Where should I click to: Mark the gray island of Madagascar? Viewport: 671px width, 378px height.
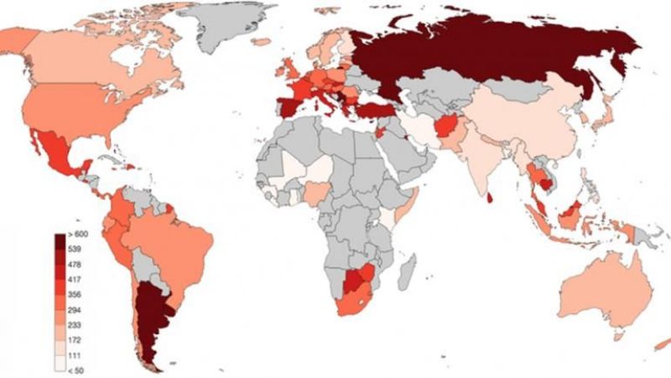pyautogui.click(x=408, y=274)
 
